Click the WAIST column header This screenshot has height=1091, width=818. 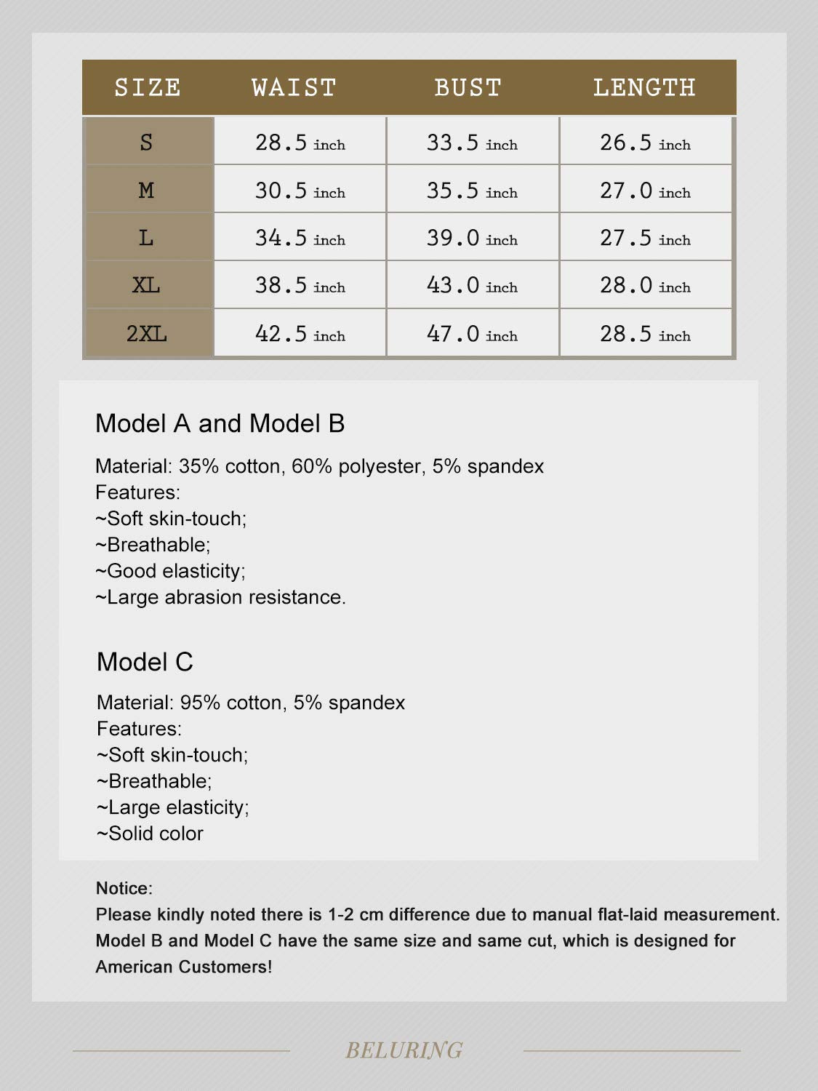click(x=294, y=88)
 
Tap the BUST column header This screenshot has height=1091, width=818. click(x=468, y=88)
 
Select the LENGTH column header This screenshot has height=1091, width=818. click(x=643, y=88)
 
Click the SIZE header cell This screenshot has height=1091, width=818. click(x=148, y=88)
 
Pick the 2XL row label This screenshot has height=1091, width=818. click(x=147, y=334)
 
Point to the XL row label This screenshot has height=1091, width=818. click(x=146, y=285)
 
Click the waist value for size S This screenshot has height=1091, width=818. click(x=300, y=143)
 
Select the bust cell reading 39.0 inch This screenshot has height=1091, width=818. click(x=472, y=238)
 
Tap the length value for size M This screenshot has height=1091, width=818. click(x=645, y=191)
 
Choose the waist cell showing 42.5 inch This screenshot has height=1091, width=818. click(x=300, y=334)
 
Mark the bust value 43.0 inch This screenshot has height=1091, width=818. click(x=472, y=285)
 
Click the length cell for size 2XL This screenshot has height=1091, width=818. click(x=645, y=334)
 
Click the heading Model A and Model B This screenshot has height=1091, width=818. click(x=220, y=423)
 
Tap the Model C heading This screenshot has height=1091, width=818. click(x=145, y=662)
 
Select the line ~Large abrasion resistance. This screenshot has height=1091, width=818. click(x=220, y=597)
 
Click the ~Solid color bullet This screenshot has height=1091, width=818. click(x=150, y=834)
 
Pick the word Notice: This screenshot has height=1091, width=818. click(x=124, y=888)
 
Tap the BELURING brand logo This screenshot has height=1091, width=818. click(x=404, y=1050)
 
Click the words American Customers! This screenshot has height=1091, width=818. click(x=184, y=967)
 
